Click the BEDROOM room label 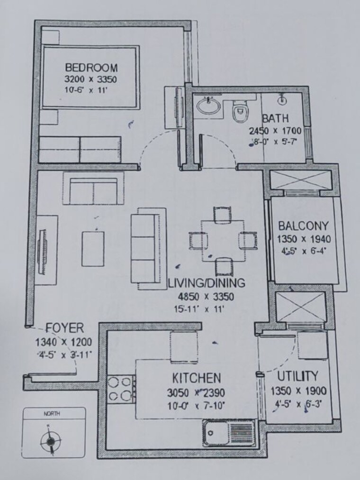(x=91, y=67)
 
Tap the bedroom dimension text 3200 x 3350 (x=91, y=79)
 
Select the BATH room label (x=275, y=118)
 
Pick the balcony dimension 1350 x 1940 (x=304, y=239)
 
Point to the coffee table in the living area (x=93, y=249)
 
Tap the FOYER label (x=65, y=328)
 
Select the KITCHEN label (x=196, y=378)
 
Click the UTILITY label (x=297, y=377)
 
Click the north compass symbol (x=49, y=441)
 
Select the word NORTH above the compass (x=52, y=414)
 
